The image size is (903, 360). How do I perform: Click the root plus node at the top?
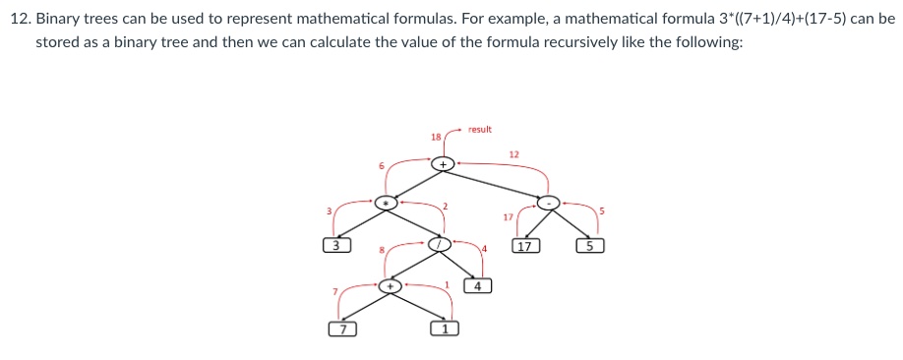click(444, 163)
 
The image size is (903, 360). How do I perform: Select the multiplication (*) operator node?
click(389, 202)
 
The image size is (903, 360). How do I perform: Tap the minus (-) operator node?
click(551, 203)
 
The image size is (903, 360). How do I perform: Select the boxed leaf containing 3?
click(335, 246)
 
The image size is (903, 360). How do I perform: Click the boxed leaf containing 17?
click(525, 246)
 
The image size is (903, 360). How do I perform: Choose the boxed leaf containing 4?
click(477, 286)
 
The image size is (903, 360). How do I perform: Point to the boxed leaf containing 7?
click(341, 329)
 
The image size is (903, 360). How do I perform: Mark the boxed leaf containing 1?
click(444, 329)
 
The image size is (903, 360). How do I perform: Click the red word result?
click(480, 129)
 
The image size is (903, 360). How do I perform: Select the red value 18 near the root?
click(436, 136)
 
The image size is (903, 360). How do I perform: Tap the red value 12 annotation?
click(513, 153)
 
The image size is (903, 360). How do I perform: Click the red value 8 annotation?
click(382, 250)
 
